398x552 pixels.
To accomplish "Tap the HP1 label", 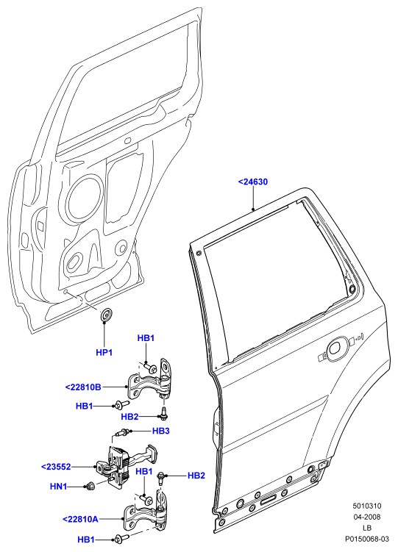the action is (x=104, y=352).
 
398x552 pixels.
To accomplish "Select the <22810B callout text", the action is (x=83, y=387).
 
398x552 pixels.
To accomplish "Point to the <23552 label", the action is (x=57, y=467).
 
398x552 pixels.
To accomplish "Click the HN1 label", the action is (x=58, y=487).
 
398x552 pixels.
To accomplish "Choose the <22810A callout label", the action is (x=80, y=519).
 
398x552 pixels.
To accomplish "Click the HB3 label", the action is (x=161, y=431).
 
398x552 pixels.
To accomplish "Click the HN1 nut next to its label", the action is (x=90, y=486).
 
